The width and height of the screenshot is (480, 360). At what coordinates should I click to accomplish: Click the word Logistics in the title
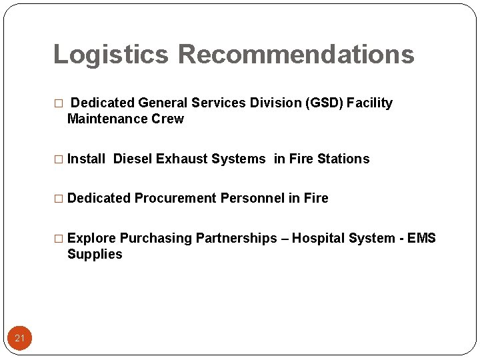(x=111, y=55)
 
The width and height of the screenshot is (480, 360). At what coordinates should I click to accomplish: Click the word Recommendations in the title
(x=296, y=55)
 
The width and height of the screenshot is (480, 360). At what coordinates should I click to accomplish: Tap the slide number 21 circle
(x=19, y=339)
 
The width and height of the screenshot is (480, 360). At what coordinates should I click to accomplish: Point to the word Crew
(x=169, y=119)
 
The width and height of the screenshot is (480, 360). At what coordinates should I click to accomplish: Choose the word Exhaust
(x=182, y=159)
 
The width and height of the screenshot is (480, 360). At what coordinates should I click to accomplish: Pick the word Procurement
(x=175, y=198)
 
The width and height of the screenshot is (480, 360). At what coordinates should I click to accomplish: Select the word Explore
(x=91, y=238)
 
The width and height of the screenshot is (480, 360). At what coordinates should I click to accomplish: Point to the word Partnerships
(x=235, y=238)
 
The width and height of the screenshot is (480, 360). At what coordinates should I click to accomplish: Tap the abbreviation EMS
(x=421, y=238)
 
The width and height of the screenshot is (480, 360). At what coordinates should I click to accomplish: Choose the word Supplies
(x=95, y=254)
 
